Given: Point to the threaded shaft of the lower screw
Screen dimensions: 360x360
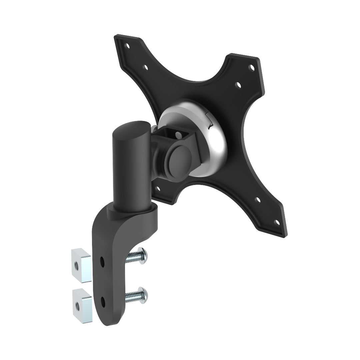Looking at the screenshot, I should tap(133, 296).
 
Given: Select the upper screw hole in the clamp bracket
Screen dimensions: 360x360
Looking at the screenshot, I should tap(102, 259).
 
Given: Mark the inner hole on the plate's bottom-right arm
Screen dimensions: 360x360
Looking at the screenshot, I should tap(258, 200).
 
